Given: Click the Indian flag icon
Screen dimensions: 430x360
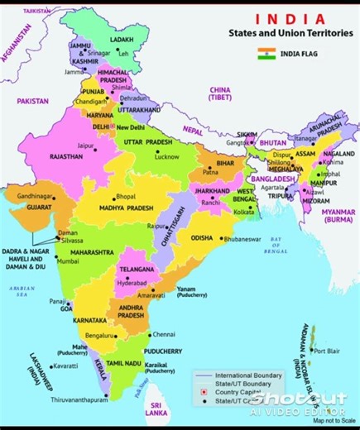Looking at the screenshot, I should tap(266, 55).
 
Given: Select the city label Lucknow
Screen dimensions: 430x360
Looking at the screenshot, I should tap(166, 156).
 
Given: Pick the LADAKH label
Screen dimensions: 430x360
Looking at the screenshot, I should tap(122, 39).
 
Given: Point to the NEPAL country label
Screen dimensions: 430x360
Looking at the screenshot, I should tap(194, 131).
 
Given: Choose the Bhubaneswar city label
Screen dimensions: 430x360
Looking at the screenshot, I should tap(240, 238).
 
